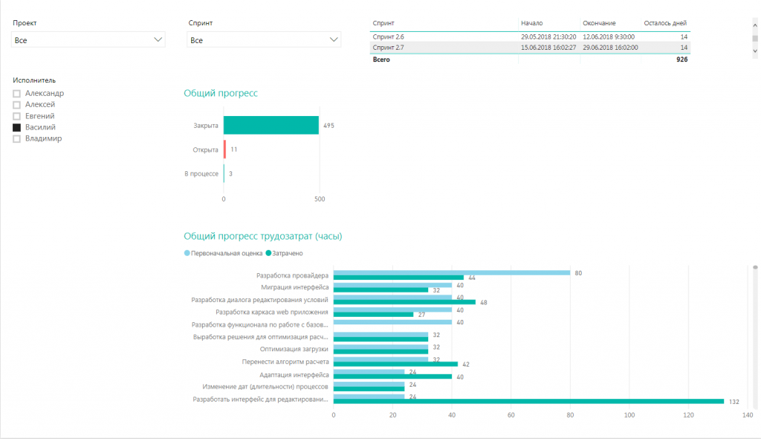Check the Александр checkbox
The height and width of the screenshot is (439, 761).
coord(16,93)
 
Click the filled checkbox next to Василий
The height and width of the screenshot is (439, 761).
coord(16,127)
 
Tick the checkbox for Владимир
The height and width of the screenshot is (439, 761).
coord(16,139)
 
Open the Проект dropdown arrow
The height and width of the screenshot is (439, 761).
coord(158,40)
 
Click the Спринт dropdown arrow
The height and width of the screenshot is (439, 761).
coord(334,40)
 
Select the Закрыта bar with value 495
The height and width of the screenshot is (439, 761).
coord(271,126)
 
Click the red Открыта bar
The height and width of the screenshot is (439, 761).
coord(224,150)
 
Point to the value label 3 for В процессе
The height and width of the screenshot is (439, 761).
coord(230,173)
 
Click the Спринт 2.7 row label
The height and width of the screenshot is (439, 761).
coord(388,48)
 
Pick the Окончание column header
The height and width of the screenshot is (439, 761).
coord(599,23)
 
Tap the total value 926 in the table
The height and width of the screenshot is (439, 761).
coord(682,60)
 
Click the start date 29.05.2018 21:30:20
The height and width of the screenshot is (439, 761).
coord(548,37)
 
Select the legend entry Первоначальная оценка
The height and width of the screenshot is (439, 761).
coord(223,253)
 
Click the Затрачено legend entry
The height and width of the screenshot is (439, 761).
coord(285,253)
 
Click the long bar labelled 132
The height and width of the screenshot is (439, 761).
coord(528,402)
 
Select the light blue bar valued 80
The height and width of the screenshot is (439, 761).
coord(452,273)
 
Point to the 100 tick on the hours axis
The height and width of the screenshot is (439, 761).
coord(629,415)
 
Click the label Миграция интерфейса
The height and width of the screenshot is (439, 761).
coord(294,287)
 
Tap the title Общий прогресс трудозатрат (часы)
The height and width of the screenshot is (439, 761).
coord(262,237)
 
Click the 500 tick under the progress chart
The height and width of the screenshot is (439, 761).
coord(320,199)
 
